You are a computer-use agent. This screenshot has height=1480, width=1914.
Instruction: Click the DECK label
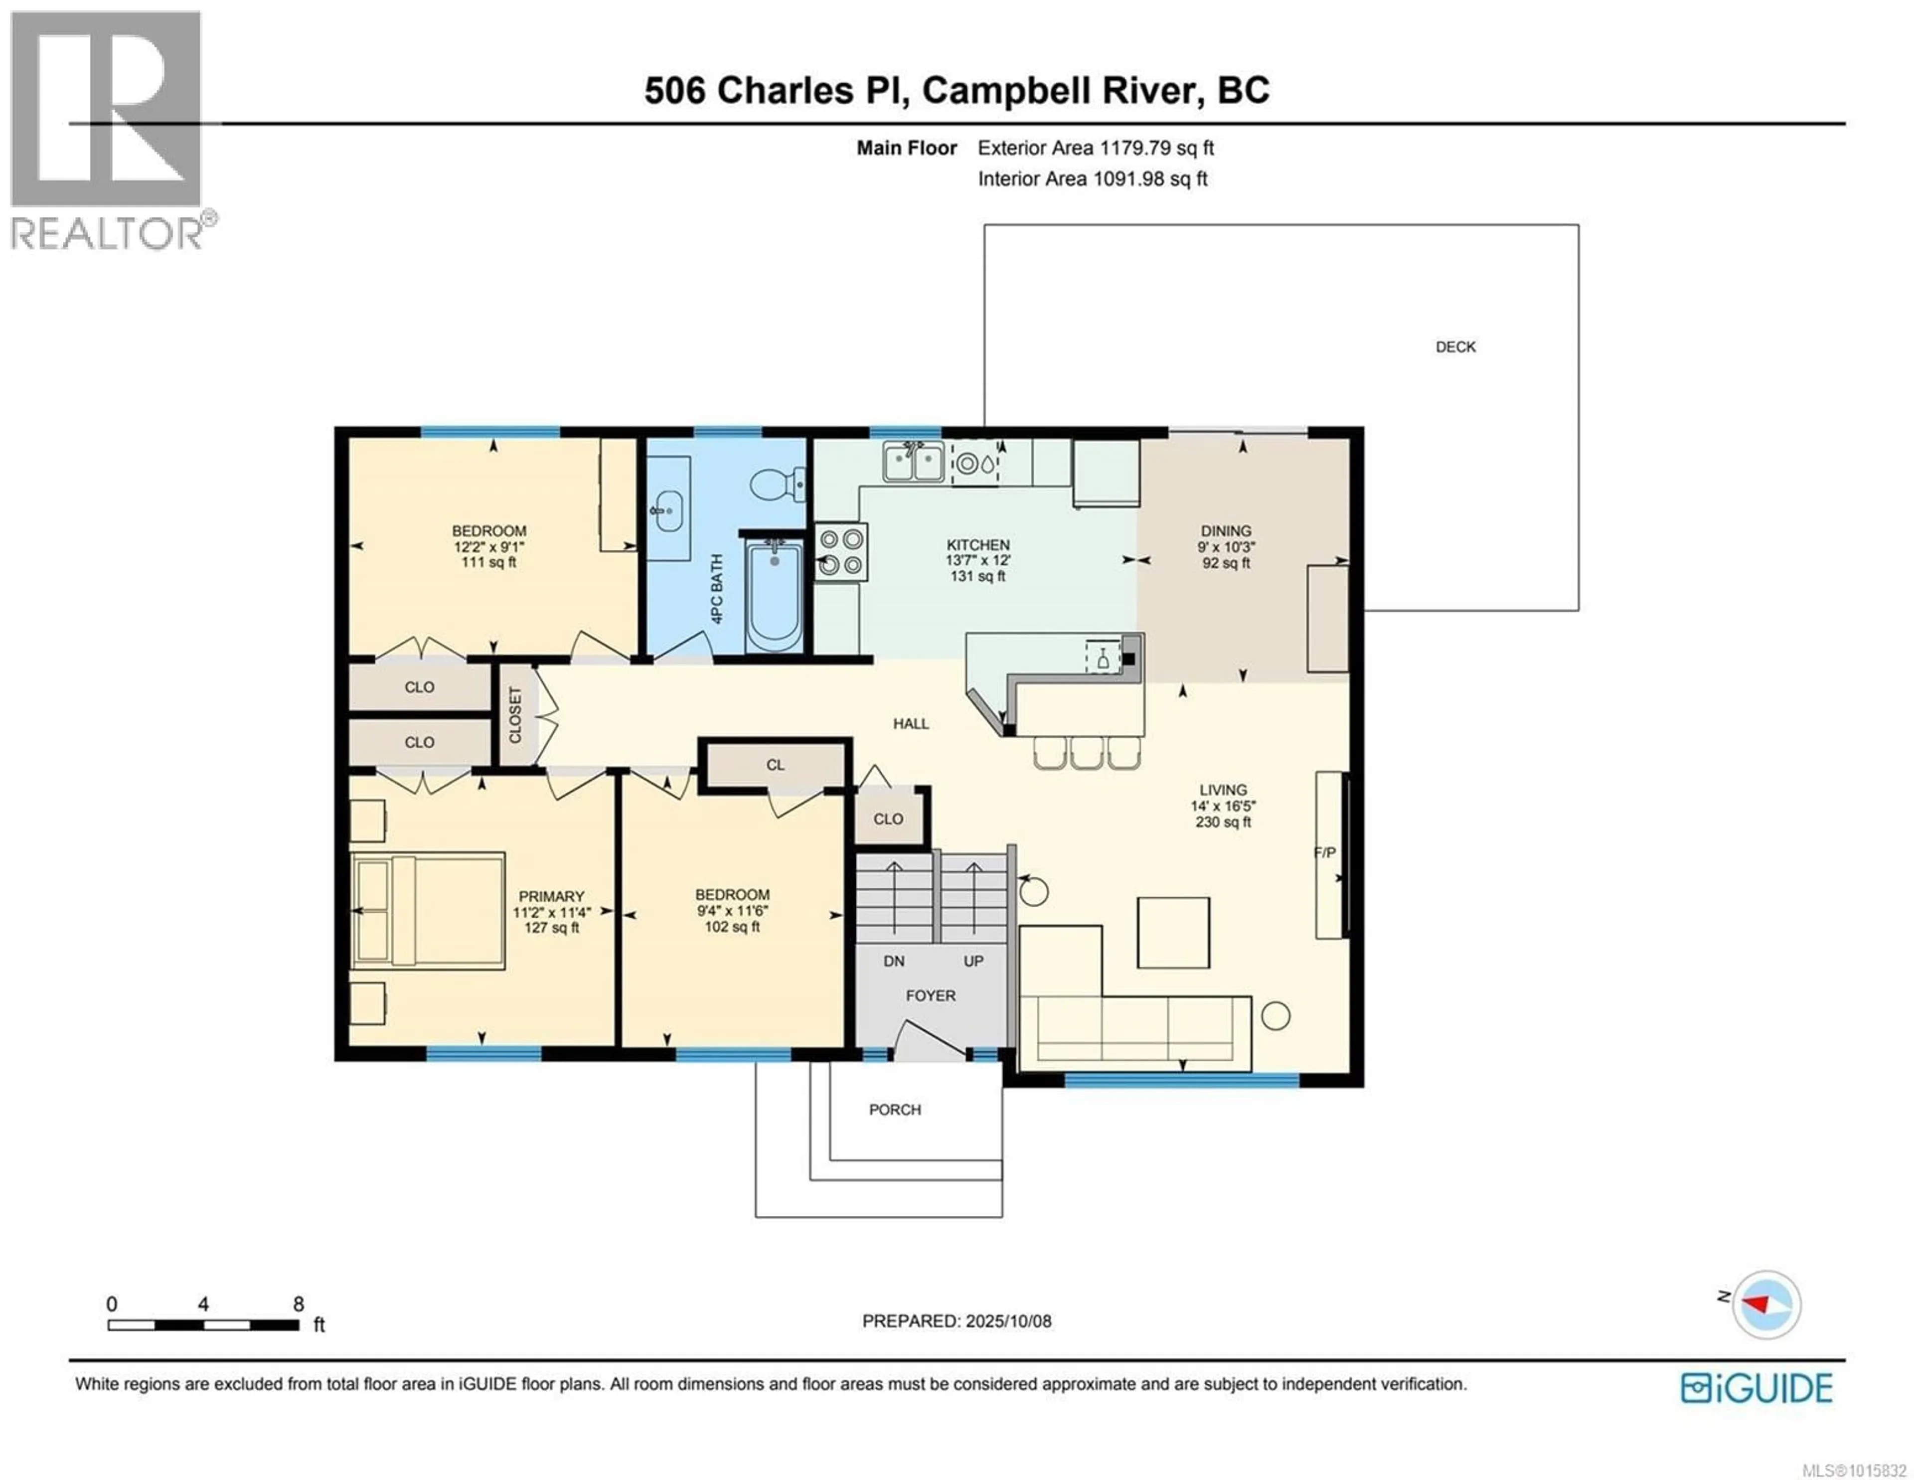pos(1455,347)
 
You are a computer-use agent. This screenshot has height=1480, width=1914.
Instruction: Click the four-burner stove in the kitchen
pos(841,552)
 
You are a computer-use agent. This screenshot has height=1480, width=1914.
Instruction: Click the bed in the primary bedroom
pos(428,911)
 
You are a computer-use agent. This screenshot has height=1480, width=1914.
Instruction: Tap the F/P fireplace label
pos(1324,852)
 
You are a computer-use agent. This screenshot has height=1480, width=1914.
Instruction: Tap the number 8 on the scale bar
pos(298,1304)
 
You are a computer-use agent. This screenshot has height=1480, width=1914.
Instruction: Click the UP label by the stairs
pos(973,961)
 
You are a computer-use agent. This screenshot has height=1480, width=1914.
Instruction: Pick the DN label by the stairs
pos(894,961)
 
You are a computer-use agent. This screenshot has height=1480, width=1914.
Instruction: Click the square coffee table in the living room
pos(1173,932)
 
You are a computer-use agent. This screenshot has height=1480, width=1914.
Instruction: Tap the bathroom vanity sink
pos(669,510)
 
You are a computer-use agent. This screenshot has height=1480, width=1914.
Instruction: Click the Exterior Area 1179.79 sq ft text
pos(1096,148)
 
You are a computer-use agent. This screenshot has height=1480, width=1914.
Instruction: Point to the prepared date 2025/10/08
pos(1007,1321)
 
